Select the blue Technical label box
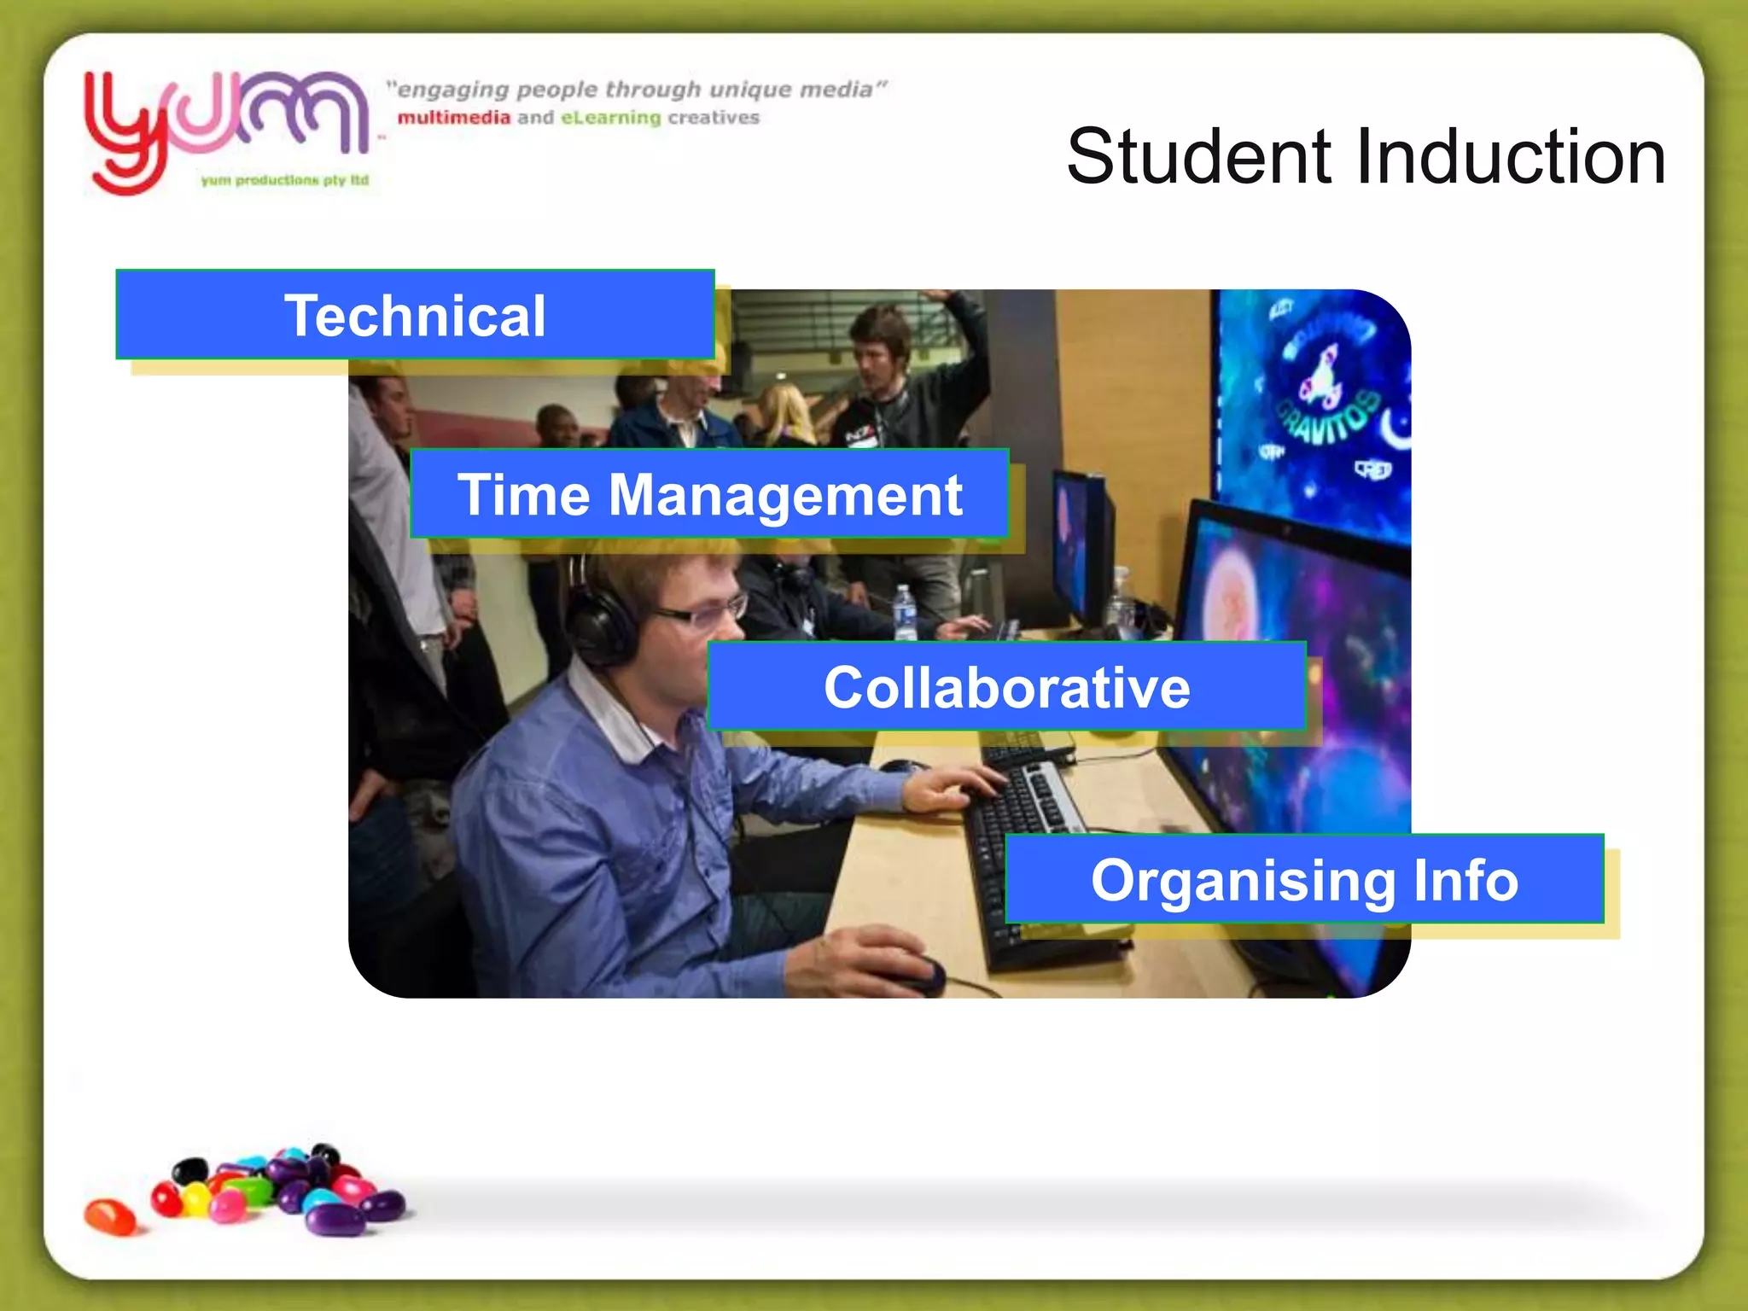pos(415,315)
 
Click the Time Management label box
pos(709,494)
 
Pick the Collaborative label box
pos(1006,687)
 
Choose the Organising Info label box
pos(1304,880)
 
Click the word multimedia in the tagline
pos(453,118)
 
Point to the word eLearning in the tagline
pos(610,118)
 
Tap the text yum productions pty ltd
pos(285,180)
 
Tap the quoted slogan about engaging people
pos(637,90)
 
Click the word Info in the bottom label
pos(1465,880)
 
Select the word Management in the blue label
pos(785,496)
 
